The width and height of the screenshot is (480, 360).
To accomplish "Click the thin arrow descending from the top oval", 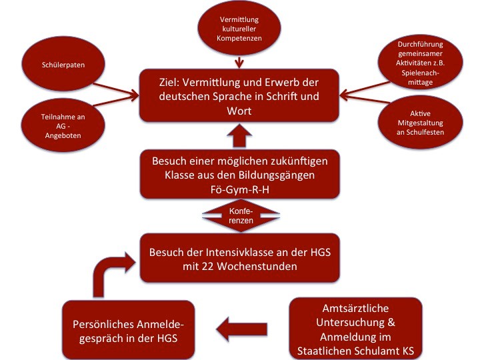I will [239, 59].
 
